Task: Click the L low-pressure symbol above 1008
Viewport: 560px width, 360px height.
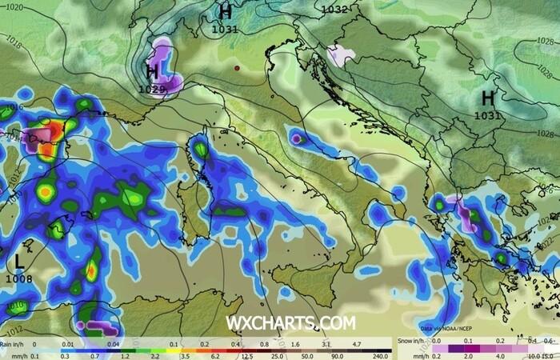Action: pos(18,261)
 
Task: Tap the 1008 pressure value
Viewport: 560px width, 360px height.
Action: pos(18,278)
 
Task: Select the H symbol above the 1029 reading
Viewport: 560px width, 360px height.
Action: pos(152,73)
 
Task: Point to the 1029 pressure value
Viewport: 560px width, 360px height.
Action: pos(152,89)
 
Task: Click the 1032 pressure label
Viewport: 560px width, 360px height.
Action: pos(334,10)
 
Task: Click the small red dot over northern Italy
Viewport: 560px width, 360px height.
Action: pos(237,69)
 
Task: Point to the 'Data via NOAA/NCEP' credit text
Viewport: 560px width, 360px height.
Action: pos(446,328)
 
